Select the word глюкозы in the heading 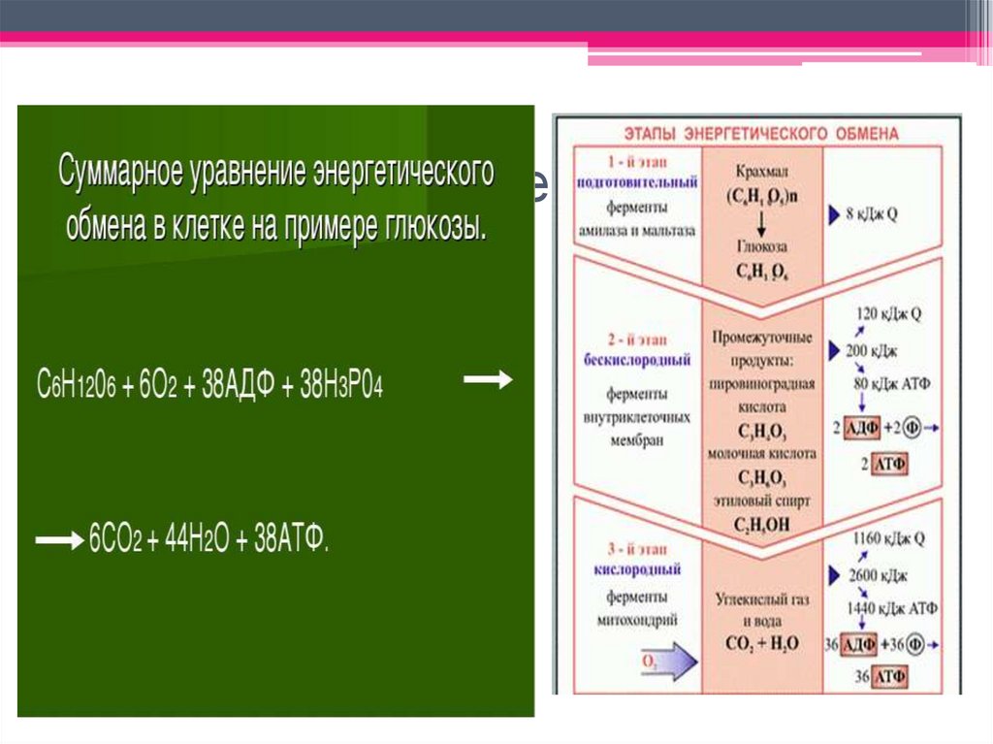(x=435, y=228)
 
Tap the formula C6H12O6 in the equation (x=77, y=384)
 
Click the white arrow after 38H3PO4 (x=488, y=381)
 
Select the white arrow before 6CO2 (x=59, y=540)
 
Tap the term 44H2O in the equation (x=188, y=539)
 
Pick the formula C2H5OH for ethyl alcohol (x=761, y=524)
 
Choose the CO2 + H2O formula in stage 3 (x=762, y=642)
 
